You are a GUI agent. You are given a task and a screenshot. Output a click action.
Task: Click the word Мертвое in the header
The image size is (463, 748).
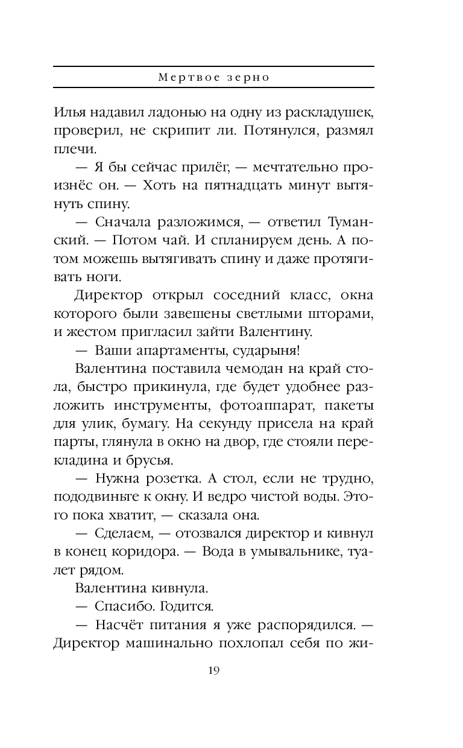point(184,78)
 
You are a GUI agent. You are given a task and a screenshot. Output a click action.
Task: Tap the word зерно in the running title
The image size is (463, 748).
point(253,78)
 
